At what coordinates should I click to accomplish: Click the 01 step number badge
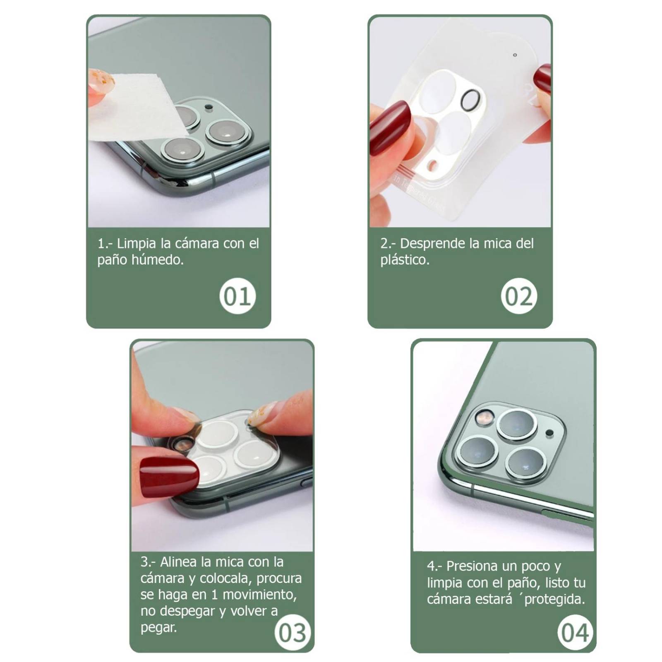[x=237, y=296]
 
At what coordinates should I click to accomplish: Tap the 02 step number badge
[x=519, y=296]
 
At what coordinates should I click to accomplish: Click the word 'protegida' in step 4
[x=554, y=600]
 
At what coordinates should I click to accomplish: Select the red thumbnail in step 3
[x=169, y=478]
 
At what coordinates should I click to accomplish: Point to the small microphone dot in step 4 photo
[x=549, y=433]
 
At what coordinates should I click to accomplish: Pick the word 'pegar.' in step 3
[x=158, y=628]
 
